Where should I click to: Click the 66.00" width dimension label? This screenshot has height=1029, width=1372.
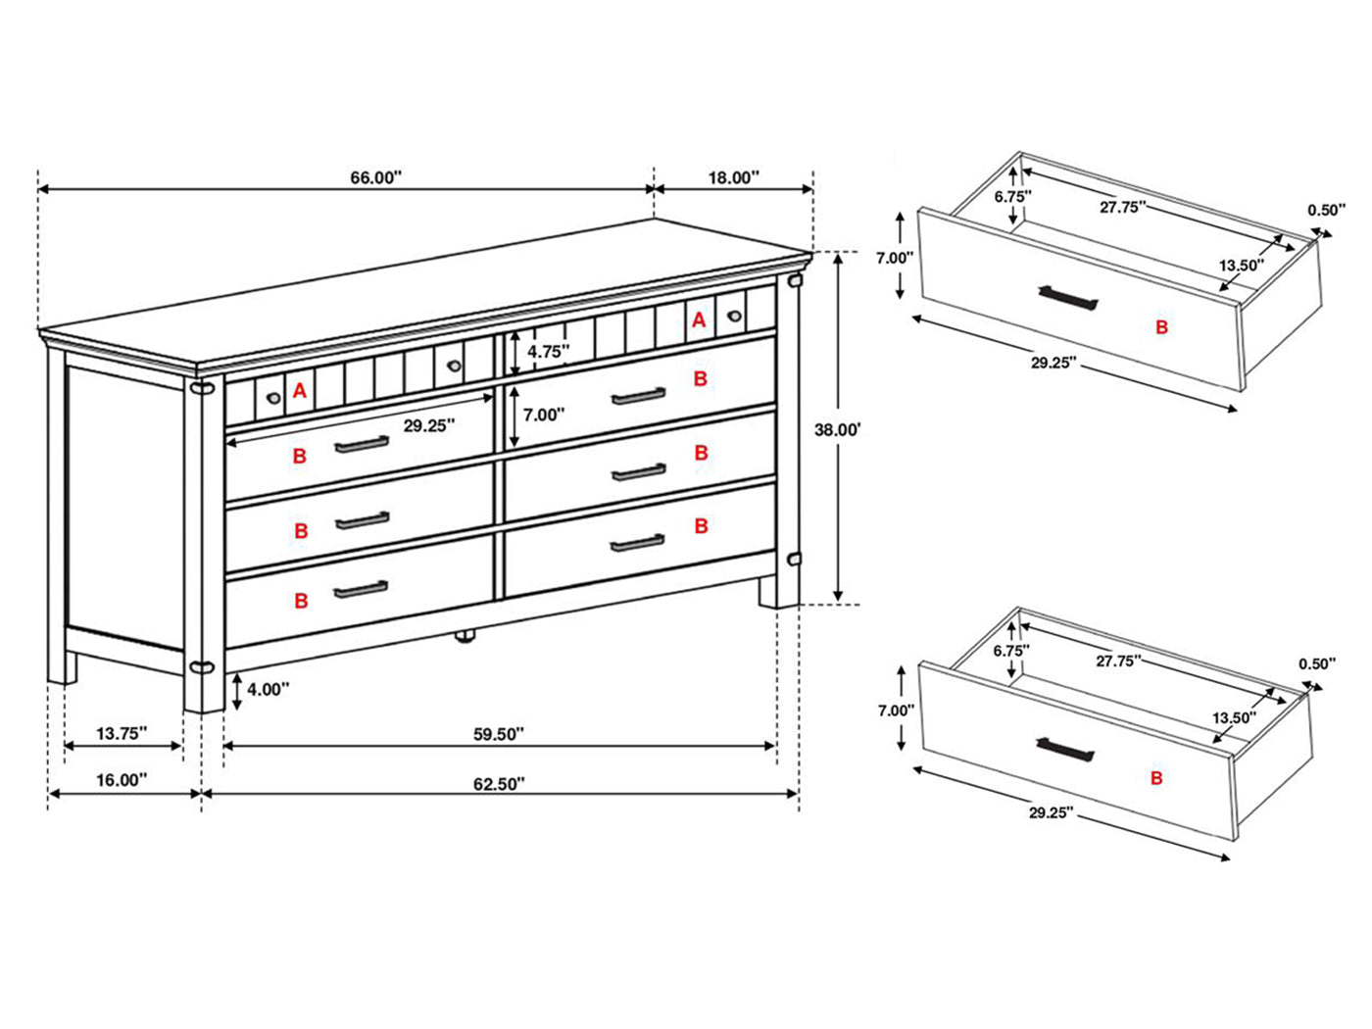tap(376, 177)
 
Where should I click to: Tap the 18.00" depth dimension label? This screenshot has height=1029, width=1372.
tap(733, 177)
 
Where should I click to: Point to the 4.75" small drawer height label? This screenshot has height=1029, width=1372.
tap(548, 351)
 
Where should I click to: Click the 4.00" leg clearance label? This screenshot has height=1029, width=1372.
tap(268, 689)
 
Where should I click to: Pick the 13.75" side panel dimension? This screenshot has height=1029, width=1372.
tap(122, 733)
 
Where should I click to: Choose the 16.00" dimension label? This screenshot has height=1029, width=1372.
tap(122, 780)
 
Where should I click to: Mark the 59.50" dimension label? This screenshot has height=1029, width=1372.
tap(499, 733)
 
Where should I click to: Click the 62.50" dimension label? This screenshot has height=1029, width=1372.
tap(499, 783)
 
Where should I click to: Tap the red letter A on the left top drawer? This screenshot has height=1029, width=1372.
tap(300, 391)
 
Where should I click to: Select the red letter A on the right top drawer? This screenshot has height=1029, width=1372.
tap(699, 319)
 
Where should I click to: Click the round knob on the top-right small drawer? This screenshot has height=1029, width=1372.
tap(734, 316)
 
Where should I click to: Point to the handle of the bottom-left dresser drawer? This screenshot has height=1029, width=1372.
tap(361, 590)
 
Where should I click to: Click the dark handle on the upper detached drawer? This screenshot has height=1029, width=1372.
tap(1067, 297)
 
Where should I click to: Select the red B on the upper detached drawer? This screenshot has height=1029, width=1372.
tap(1161, 327)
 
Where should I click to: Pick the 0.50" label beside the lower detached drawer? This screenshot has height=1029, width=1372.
tap(1317, 663)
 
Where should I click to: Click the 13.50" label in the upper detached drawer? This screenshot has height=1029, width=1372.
tap(1241, 265)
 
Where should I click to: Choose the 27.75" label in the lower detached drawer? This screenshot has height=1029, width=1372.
tap(1118, 661)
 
